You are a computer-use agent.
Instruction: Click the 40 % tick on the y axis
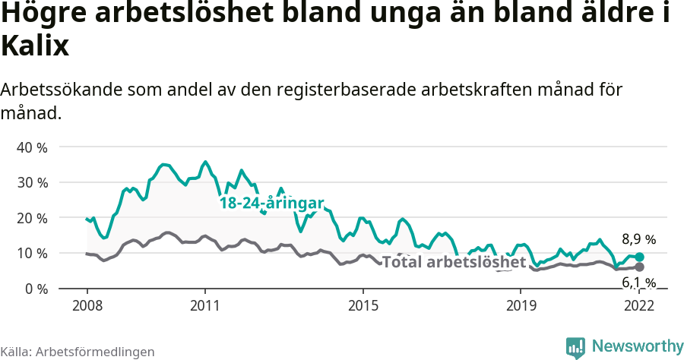[31, 147]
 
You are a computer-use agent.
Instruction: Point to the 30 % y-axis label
[31, 182]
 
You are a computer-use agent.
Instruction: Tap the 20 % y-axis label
[31, 218]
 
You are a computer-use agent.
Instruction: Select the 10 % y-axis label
[31, 253]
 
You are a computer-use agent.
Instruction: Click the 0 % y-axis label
[35, 289]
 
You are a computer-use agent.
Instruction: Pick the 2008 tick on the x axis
[87, 305]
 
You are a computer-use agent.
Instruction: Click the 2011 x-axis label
[204, 305]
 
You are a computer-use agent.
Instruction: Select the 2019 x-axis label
[520, 305]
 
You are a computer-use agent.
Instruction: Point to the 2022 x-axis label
[638, 305]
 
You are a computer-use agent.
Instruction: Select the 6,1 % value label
[638, 283]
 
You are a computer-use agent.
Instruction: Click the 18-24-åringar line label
[271, 203]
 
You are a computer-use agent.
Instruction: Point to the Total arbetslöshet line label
[454, 262]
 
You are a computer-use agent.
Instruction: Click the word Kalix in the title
[35, 47]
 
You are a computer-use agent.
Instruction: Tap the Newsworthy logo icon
[575, 347]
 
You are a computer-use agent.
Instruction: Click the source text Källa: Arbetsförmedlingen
[78, 352]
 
